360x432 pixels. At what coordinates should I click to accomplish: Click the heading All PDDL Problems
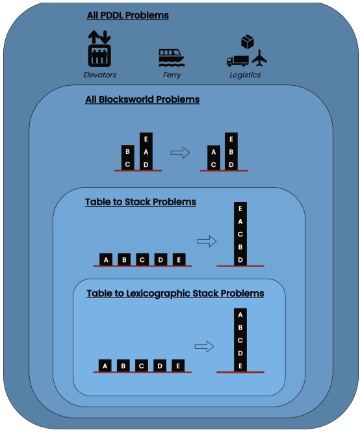click(127, 15)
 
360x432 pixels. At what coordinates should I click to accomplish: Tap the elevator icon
click(99, 48)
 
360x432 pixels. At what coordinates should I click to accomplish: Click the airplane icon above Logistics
click(259, 58)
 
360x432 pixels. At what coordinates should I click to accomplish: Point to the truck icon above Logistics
click(237, 61)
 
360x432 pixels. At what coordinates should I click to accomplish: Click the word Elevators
click(99, 75)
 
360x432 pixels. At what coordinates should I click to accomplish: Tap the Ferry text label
click(172, 75)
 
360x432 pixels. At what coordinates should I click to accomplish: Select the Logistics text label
click(245, 75)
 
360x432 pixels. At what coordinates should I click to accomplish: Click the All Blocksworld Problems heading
click(142, 100)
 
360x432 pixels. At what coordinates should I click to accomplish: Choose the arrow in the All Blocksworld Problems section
click(180, 152)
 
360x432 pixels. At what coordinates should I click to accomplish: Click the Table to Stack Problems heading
click(140, 202)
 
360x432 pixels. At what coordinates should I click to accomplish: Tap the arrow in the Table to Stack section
click(207, 241)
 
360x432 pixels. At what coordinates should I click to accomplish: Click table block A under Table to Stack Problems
click(107, 260)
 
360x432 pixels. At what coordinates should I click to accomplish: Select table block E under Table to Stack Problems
click(179, 260)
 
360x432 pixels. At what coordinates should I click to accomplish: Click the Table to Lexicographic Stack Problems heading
click(175, 294)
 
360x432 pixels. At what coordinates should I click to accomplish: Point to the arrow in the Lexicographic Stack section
click(205, 347)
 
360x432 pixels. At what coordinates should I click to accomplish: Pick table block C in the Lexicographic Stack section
click(142, 365)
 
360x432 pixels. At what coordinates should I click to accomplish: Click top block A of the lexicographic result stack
click(240, 315)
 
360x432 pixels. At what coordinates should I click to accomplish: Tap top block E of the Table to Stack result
click(240, 209)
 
